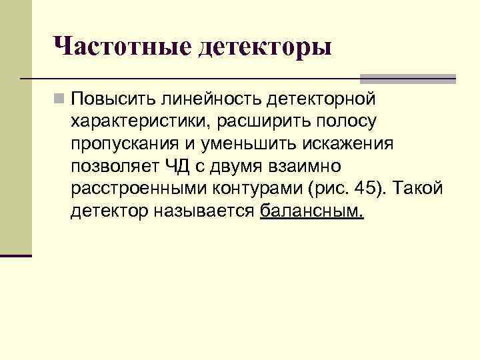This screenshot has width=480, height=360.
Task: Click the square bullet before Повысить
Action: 60,100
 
